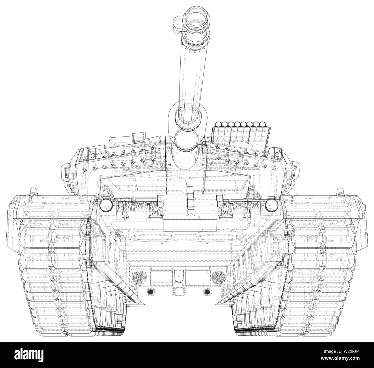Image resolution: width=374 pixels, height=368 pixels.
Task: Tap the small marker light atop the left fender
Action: coord(33,191)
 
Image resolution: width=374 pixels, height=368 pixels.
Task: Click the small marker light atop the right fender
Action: coord(340,191)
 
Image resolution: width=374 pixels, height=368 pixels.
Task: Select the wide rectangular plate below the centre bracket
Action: coord(190,225)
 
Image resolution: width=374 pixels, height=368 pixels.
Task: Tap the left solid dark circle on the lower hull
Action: coord(150,292)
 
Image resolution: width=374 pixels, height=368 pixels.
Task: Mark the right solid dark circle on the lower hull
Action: coord(206,292)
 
